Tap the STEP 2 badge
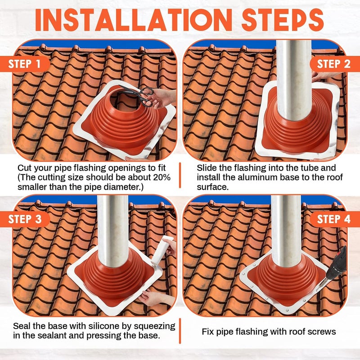coord(333,64)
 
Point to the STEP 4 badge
coord(333,219)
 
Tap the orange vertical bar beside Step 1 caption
coord(180,175)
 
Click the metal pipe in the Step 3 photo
coord(113,234)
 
